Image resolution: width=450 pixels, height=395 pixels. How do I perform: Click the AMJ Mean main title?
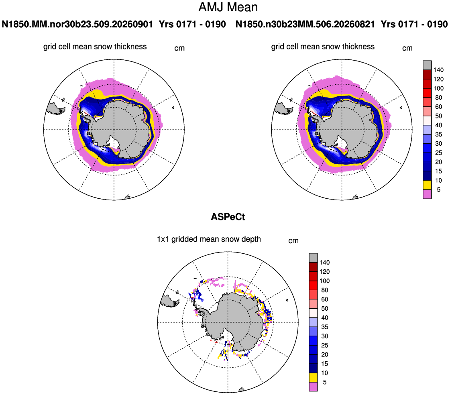[228, 7]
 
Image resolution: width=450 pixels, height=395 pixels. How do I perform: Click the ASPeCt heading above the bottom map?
[228, 217]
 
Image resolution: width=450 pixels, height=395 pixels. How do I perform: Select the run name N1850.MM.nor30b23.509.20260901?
[77, 24]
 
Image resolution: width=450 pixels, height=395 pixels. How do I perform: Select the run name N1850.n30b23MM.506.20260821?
[305, 24]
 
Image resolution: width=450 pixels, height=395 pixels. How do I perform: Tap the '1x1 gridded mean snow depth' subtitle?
[209, 239]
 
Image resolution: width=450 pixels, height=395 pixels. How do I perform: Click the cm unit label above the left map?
[179, 48]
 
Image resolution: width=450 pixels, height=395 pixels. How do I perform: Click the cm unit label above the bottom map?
[293, 241]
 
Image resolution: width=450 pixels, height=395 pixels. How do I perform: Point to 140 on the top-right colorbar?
[438, 70]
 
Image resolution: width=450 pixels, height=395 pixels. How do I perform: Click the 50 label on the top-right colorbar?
[438, 116]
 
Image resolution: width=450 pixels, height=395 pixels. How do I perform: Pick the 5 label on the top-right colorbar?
[438, 189]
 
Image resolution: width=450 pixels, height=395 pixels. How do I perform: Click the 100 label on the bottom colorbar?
[325, 281]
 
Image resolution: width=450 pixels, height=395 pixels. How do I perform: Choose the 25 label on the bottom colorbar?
[325, 345]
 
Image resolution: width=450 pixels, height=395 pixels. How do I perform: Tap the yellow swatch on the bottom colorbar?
[313, 377]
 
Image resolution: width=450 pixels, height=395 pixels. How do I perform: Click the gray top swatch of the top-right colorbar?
[427, 65]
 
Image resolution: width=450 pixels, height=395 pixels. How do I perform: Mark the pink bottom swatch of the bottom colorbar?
[313, 387]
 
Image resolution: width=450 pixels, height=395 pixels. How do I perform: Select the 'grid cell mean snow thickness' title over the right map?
[323, 47]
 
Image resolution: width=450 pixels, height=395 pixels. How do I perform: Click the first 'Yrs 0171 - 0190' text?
[192, 24]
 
